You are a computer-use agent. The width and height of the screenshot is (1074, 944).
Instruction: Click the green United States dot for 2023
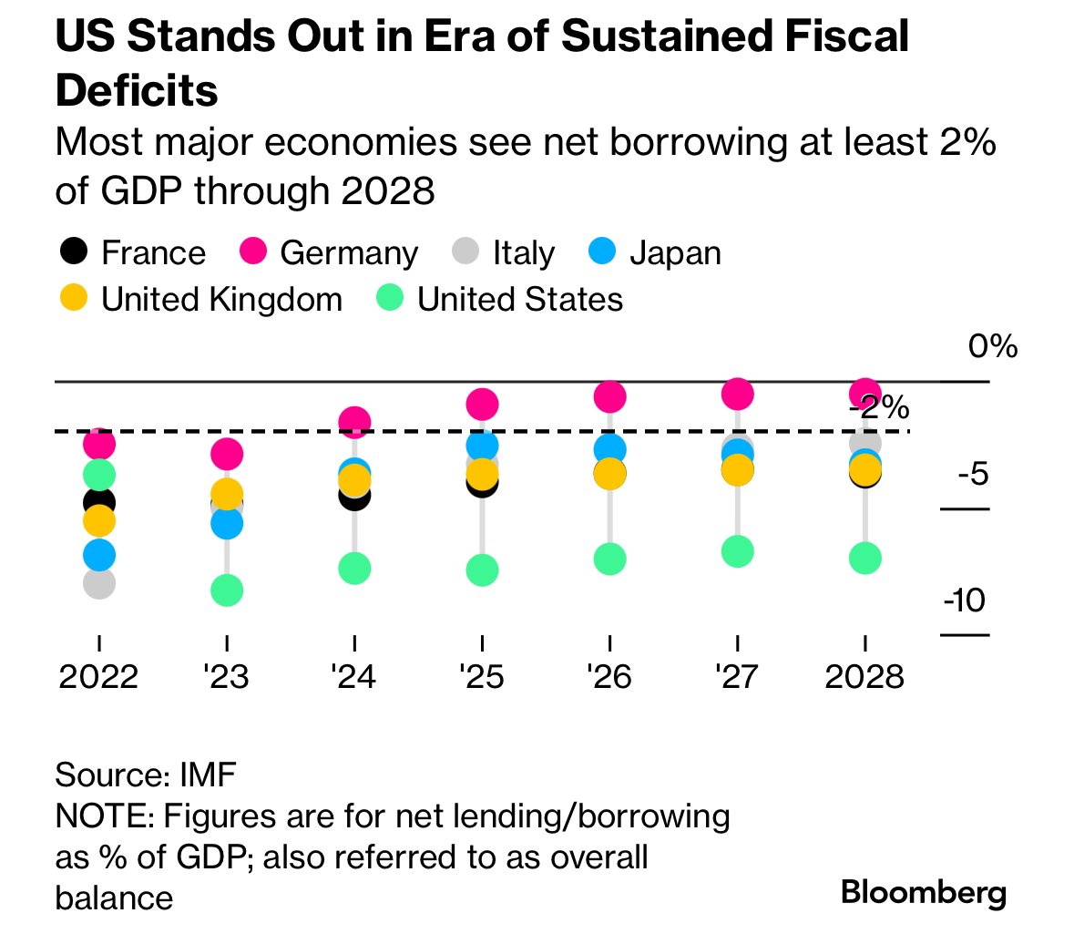[x=227, y=590]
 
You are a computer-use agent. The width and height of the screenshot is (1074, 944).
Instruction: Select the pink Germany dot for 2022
[x=98, y=444]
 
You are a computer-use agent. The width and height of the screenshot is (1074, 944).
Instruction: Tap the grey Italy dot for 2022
[x=98, y=583]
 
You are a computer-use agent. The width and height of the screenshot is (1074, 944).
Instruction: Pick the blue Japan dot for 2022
[x=98, y=555]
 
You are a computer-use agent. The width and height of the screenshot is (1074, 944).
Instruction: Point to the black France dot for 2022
[x=98, y=502]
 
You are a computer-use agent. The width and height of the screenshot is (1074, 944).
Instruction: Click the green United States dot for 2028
[x=864, y=558]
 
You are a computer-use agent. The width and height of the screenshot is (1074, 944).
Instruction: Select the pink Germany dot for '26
[x=609, y=396]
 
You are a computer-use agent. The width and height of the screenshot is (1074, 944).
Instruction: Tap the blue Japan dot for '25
[x=482, y=446]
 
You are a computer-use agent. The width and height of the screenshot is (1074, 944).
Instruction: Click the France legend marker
[x=73, y=251]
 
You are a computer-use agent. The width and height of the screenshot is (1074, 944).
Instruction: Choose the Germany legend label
[x=349, y=252]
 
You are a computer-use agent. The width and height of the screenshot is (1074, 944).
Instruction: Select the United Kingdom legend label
[x=221, y=299]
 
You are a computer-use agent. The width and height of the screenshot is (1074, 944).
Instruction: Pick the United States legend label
[x=520, y=299]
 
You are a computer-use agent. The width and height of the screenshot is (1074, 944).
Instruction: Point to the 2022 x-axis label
[x=98, y=676]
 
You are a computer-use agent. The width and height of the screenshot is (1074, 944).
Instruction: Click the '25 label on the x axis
[x=482, y=676]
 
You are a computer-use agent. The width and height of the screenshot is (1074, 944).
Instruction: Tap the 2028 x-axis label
[x=864, y=676]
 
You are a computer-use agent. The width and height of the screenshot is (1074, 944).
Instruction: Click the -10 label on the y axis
[x=964, y=600]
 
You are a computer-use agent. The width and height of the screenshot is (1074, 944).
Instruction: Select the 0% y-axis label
[x=992, y=346]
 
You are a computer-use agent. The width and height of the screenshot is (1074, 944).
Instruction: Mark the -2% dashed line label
[x=880, y=407]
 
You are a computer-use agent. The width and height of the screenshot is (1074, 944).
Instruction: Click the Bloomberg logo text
[x=924, y=892]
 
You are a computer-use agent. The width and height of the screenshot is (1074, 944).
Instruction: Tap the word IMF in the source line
[x=208, y=775]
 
